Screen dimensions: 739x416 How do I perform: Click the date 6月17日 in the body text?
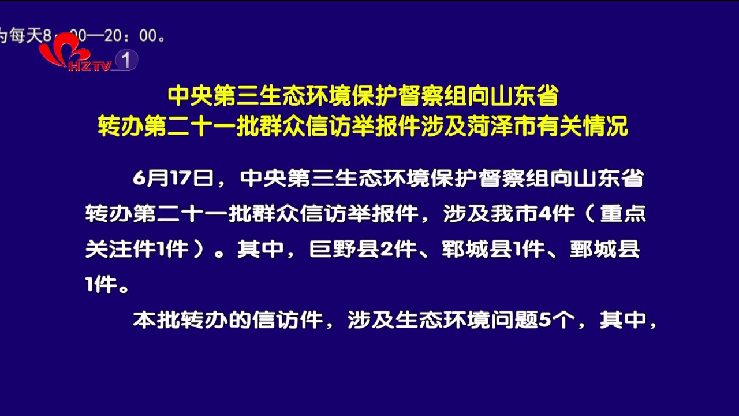173,179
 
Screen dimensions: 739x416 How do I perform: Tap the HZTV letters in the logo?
89,66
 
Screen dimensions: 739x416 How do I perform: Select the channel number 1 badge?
126,60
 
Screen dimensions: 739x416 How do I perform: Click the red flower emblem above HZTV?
64,49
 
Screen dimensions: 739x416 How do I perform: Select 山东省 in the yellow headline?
524,96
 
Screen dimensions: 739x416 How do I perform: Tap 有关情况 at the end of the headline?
582,126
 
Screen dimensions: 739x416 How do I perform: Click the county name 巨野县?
345,249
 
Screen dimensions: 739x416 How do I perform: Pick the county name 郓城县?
477,249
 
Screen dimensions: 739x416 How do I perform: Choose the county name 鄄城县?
605,249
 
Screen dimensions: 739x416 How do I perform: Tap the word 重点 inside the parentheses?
623,214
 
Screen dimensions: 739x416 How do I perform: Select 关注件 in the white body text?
120,249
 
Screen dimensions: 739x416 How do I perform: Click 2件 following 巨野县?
398,249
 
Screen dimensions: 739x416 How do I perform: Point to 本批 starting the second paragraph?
156,320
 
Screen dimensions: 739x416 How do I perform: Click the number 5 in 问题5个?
544,320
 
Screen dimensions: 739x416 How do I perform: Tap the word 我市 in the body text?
514,214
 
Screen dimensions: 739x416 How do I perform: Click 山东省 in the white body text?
609,179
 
